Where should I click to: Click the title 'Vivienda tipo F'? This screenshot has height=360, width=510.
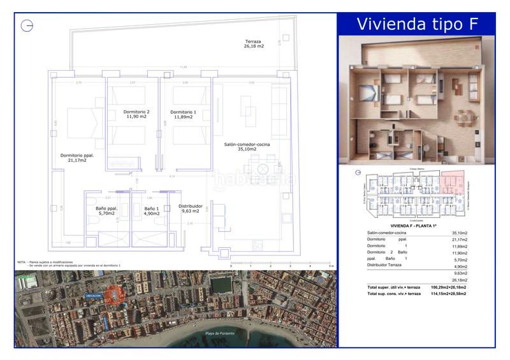(x=416, y=24)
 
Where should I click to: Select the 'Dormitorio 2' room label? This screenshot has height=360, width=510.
(x=136, y=115)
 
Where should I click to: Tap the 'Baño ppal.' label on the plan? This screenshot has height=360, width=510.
(x=101, y=211)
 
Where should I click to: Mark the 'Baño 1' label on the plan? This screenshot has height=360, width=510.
(x=152, y=211)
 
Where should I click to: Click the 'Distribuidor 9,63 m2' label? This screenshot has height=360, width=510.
(x=191, y=208)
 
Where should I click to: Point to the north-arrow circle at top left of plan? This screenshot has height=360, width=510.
(x=27, y=26)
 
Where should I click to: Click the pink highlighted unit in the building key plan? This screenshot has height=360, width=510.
(x=452, y=184)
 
